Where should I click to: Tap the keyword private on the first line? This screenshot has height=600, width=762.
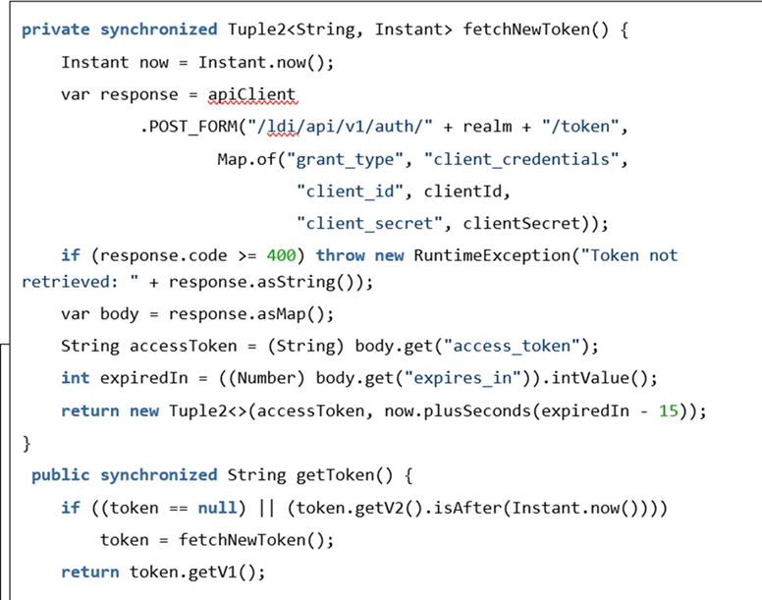click(x=55, y=28)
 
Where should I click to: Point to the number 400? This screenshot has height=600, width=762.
click(x=281, y=255)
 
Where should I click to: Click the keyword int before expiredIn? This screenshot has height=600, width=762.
click(x=75, y=378)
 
